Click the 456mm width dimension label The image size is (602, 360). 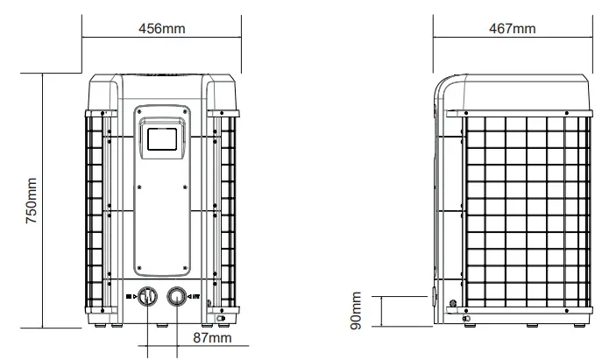tap(162, 28)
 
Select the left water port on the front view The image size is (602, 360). tap(146, 298)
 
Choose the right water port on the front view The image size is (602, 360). tap(178, 298)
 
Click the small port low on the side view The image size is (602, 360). tap(452, 304)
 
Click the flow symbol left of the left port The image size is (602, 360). tap(130, 298)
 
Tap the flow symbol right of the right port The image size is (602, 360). tap(195, 298)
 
